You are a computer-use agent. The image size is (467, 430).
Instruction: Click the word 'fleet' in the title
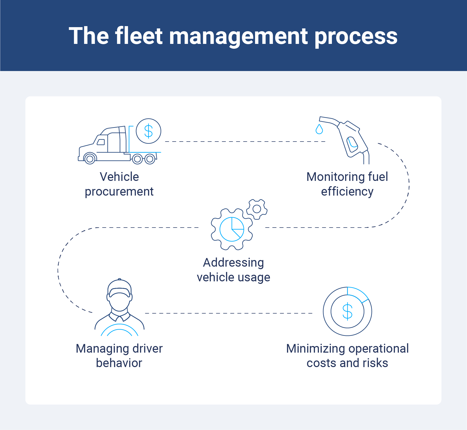click(138, 36)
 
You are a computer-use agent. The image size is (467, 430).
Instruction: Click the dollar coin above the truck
click(148, 131)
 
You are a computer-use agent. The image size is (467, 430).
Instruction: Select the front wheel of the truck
click(89, 159)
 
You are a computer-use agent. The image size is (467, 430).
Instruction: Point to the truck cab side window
click(101, 142)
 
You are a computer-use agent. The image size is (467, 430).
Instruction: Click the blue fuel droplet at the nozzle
click(319, 130)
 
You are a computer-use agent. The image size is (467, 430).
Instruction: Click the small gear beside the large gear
click(257, 209)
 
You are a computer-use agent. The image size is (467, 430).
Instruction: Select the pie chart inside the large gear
click(232, 229)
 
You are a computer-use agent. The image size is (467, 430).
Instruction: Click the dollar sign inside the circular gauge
click(347, 312)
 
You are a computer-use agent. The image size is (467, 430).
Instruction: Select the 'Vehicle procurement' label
click(119, 184)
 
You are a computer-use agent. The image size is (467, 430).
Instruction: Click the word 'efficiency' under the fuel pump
click(347, 192)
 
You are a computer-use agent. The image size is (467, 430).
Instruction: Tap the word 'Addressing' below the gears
click(233, 263)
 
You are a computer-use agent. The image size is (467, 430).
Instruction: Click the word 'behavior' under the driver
click(119, 363)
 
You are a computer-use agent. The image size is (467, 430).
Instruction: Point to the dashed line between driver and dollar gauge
click(228, 313)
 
